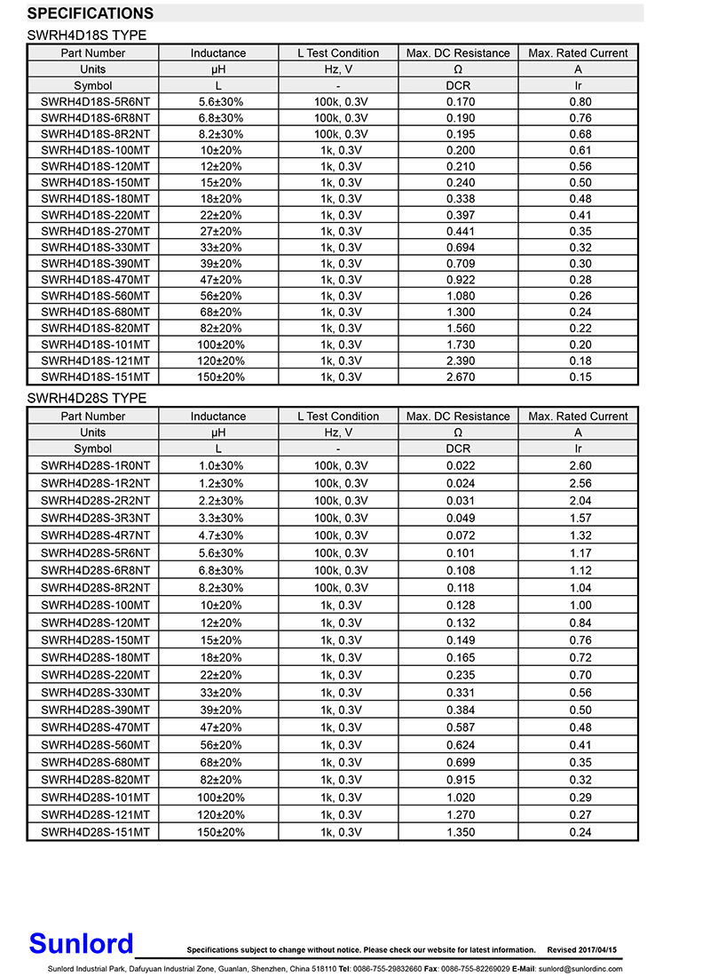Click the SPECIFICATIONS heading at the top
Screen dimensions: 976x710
[x=91, y=13]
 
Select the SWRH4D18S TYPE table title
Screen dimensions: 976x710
[x=87, y=36]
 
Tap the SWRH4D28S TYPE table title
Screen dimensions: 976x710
[x=87, y=399]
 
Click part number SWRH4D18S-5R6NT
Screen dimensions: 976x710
[x=94, y=102]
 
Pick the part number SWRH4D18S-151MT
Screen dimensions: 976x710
[x=94, y=377]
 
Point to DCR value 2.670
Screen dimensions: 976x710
[x=458, y=377]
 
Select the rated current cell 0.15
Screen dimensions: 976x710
[x=578, y=377]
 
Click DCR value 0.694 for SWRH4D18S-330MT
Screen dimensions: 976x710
[x=458, y=248]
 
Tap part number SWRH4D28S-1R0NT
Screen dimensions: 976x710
[x=94, y=465]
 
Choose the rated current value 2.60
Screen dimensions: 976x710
[x=578, y=465]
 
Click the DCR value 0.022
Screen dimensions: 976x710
[x=458, y=465]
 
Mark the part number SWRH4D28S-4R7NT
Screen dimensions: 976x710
[x=94, y=536]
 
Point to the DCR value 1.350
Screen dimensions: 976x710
[x=458, y=832]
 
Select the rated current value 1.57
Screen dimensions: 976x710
[x=578, y=518]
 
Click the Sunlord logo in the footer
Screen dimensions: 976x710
[x=81, y=943]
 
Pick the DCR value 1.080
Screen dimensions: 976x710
[x=458, y=296]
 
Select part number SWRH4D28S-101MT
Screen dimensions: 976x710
[x=94, y=797]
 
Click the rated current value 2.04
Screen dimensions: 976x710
[x=578, y=501]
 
